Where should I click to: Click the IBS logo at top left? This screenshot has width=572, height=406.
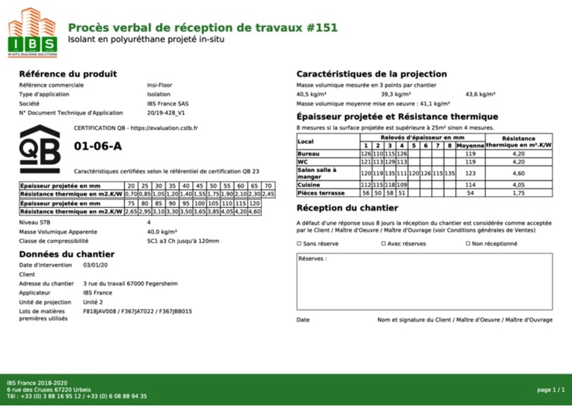(31, 33)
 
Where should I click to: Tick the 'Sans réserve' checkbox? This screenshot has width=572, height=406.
(300, 244)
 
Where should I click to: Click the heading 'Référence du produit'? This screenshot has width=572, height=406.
(67, 74)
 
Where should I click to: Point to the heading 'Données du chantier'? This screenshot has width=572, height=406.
(66, 254)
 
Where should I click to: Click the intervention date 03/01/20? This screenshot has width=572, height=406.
(96, 265)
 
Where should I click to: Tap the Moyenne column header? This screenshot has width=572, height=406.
(470, 145)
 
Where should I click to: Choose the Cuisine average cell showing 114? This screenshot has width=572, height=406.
(470, 185)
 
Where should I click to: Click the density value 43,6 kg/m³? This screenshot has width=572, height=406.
(480, 95)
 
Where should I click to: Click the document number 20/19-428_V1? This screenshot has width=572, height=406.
(165, 113)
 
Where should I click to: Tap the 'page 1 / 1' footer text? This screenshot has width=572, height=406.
(550, 390)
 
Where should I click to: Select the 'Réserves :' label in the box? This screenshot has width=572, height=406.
(313, 259)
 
